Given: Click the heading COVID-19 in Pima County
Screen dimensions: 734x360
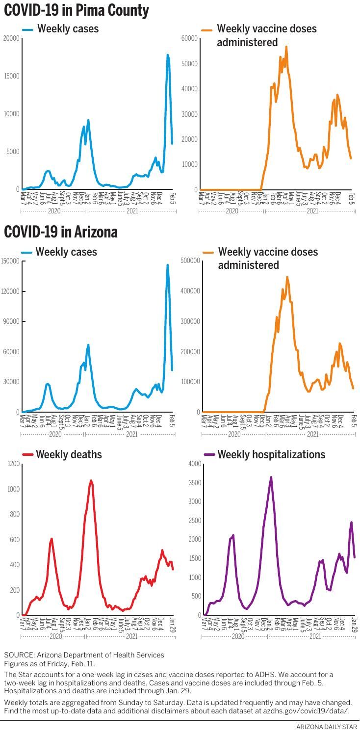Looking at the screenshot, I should (77, 10).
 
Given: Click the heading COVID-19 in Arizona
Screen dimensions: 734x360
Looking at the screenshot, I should (61, 232).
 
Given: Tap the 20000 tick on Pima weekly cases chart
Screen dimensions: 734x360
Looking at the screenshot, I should (11, 38).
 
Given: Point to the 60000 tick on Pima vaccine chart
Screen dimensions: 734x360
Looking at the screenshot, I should (189, 38).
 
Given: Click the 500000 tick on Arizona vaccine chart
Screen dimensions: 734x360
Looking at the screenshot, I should (190, 261).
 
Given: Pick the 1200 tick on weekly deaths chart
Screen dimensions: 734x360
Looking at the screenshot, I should (13, 464).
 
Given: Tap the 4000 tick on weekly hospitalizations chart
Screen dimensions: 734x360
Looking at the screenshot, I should (194, 464).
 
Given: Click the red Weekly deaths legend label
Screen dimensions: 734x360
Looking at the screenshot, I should (69, 454).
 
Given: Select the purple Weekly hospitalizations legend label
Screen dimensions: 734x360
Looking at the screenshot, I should (271, 454).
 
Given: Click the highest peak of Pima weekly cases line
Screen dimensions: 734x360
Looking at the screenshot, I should (167, 55).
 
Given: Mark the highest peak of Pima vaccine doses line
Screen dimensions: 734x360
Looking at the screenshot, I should (286, 47).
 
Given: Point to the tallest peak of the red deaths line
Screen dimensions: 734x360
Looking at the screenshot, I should (91, 481).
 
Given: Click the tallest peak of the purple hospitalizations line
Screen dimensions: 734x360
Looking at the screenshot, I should (271, 477).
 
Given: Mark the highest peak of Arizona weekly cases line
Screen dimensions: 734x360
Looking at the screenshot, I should (167, 265).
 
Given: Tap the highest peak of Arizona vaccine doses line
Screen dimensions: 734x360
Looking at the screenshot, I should (287, 277).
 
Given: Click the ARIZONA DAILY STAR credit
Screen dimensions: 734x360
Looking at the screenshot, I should (327, 727).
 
